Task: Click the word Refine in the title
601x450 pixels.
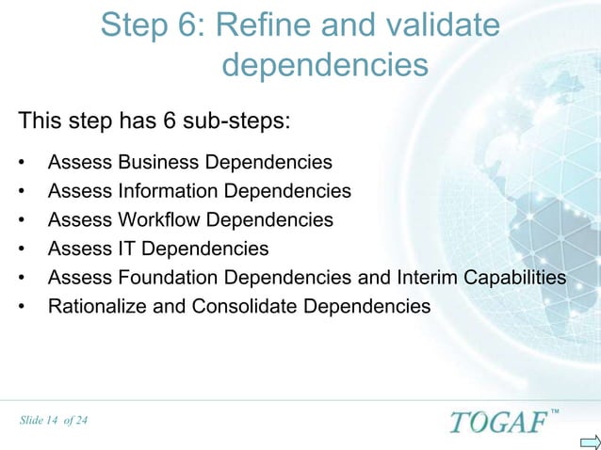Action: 264,26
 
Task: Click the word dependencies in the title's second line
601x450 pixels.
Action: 325,67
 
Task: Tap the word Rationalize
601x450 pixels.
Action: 101,307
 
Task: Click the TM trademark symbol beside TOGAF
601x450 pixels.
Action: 554,411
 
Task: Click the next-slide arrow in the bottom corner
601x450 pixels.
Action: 589,441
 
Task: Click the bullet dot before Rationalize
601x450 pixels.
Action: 22,307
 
